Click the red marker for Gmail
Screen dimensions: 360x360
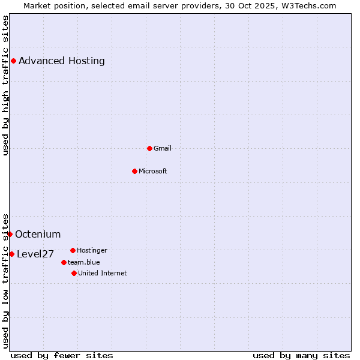coord(149,148)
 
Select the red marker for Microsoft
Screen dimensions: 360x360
coord(134,171)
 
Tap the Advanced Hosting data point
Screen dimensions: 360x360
coord(13,61)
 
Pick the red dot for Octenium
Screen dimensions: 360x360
coord(10,234)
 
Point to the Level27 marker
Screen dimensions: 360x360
coord(11,254)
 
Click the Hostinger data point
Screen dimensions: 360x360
coord(73,250)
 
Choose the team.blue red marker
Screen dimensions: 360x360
coord(64,262)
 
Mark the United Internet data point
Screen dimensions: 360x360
coord(74,273)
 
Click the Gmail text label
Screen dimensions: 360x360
coord(163,148)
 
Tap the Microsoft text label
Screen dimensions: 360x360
coord(153,171)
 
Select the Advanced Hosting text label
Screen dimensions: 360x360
coord(62,61)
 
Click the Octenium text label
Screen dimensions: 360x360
coord(38,234)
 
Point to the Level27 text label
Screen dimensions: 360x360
coord(35,254)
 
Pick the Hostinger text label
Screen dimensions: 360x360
coord(92,250)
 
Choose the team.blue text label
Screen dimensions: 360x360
coord(84,262)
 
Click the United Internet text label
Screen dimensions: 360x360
coord(103,273)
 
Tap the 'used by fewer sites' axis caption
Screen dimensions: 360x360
coord(62,355)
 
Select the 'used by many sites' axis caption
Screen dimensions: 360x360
coord(301,355)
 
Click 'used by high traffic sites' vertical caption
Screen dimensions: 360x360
coord(5,85)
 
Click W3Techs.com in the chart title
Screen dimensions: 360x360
coord(306,5)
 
